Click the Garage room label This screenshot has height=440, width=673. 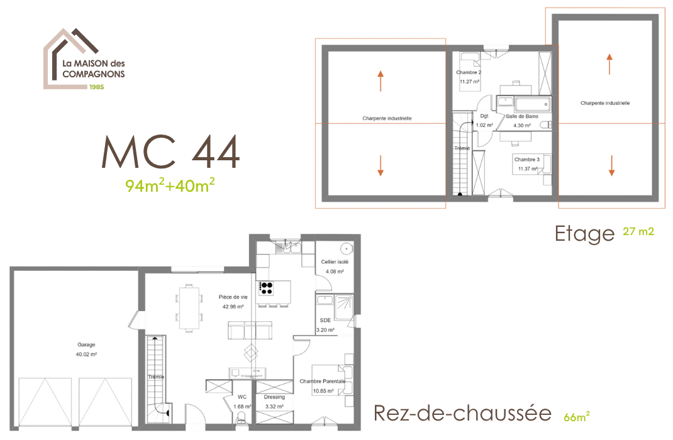[x=86, y=344]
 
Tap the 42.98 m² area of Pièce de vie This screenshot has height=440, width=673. [x=233, y=307]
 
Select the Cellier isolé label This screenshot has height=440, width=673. [x=335, y=261]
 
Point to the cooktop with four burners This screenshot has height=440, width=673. [x=266, y=288]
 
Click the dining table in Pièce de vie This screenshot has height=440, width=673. [x=189, y=307]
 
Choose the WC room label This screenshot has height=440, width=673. [x=242, y=397]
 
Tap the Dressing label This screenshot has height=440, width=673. [x=274, y=397]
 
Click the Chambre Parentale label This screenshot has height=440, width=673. [x=322, y=381]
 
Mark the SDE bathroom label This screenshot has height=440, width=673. [x=325, y=320]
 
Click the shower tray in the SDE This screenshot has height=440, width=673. [x=344, y=307]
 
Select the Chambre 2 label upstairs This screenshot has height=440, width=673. [x=469, y=72]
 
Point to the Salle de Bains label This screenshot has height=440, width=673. [x=522, y=116]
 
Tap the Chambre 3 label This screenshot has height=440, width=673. [x=527, y=159]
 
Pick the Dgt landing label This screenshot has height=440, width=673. [x=484, y=116]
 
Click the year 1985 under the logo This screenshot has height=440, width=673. [x=97, y=87]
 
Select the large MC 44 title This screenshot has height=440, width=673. [x=170, y=152]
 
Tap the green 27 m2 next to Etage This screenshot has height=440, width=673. [x=638, y=231]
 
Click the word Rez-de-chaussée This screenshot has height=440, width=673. [x=462, y=412]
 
